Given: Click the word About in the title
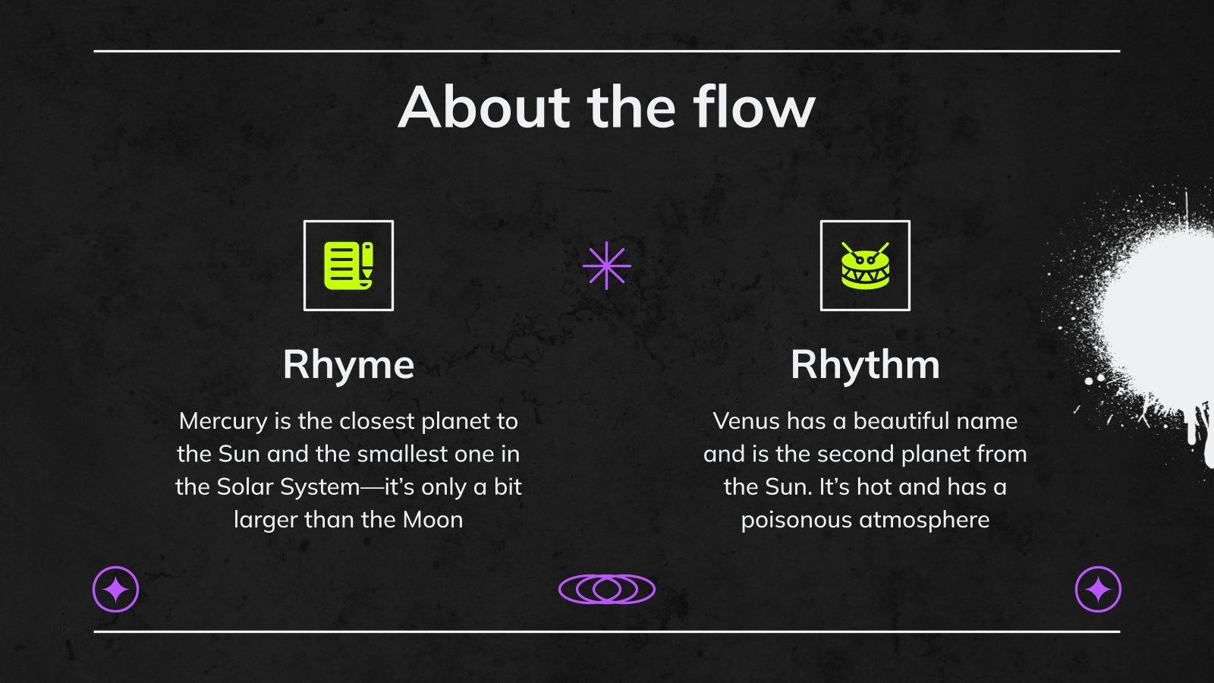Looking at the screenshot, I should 484,107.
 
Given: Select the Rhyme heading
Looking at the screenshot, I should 348,364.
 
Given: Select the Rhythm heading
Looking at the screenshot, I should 865,364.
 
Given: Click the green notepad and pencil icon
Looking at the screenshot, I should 348,266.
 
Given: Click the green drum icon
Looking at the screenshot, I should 865,266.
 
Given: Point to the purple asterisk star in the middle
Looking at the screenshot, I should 607,266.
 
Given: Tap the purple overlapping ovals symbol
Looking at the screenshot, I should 607,589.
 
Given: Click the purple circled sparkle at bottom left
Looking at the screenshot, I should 115,590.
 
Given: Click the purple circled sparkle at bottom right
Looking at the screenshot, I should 1098,590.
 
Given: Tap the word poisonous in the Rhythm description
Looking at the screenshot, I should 796,520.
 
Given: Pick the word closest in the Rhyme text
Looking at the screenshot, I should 376,421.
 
